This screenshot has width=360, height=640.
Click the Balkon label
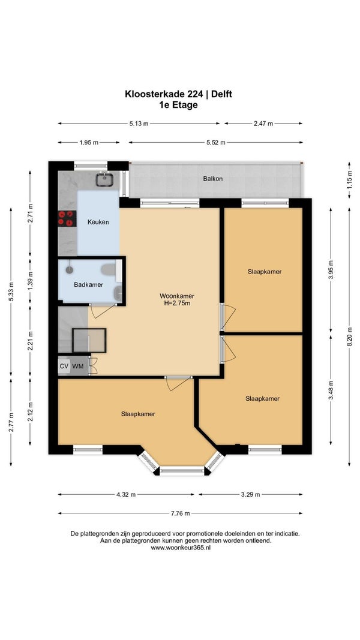213,179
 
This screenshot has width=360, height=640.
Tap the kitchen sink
104,179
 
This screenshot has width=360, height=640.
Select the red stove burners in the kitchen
67,218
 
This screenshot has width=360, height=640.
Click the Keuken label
98,223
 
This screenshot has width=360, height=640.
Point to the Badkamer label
89,284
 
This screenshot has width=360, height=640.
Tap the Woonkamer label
177,296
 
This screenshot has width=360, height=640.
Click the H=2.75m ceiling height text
177,303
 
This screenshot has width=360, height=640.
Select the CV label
64,366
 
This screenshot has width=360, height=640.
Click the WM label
78,366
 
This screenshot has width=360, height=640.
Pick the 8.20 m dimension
349,336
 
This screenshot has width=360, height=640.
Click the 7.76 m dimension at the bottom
181,513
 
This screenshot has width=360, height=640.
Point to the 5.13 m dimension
139,124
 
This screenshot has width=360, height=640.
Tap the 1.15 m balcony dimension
349,179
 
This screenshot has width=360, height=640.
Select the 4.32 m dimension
126,495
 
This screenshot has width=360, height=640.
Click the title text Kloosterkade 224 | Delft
178,94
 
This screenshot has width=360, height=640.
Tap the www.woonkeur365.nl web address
181,548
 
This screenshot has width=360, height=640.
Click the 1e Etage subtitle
178,105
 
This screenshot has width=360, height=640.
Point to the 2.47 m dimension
263,124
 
